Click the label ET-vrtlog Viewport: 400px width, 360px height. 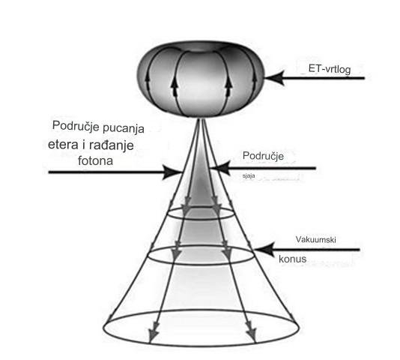pyautogui.click(x=330, y=69)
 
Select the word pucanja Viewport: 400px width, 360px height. pyautogui.click(x=124, y=128)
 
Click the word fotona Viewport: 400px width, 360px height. pyautogui.click(x=95, y=160)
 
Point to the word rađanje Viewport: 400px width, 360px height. pyautogui.click(x=112, y=145)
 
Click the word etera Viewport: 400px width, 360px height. pyautogui.click(x=63, y=145)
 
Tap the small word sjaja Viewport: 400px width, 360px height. pyautogui.click(x=249, y=175)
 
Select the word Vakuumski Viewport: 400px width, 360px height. pyautogui.click(x=315, y=239)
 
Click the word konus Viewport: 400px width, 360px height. pyautogui.click(x=292, y=259)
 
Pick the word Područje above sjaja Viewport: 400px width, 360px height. pyautogui.click(x=263, y=156)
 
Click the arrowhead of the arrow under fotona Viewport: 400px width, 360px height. pyautogui.click(x=172, y=172)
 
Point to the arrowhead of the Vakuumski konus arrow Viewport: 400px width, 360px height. pyautogui.click(x=264, y=250)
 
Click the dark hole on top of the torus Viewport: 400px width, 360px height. pyautogui.click(x=201, y=48)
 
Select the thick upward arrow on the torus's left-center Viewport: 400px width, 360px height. pyautogui.click(x=175, y=85)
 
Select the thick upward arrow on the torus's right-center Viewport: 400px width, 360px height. pyautogui.click(x=228, y=85)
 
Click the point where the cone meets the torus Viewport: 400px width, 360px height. pyautogui.click(x=201, y=118)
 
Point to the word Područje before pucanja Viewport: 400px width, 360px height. pyautogui.click(x=76, y=126)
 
